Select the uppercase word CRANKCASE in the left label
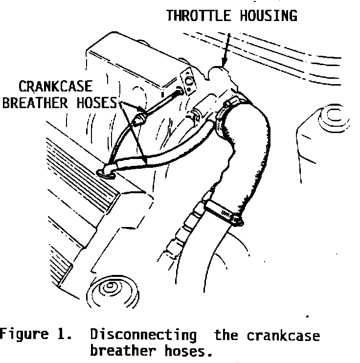(55, 88)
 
